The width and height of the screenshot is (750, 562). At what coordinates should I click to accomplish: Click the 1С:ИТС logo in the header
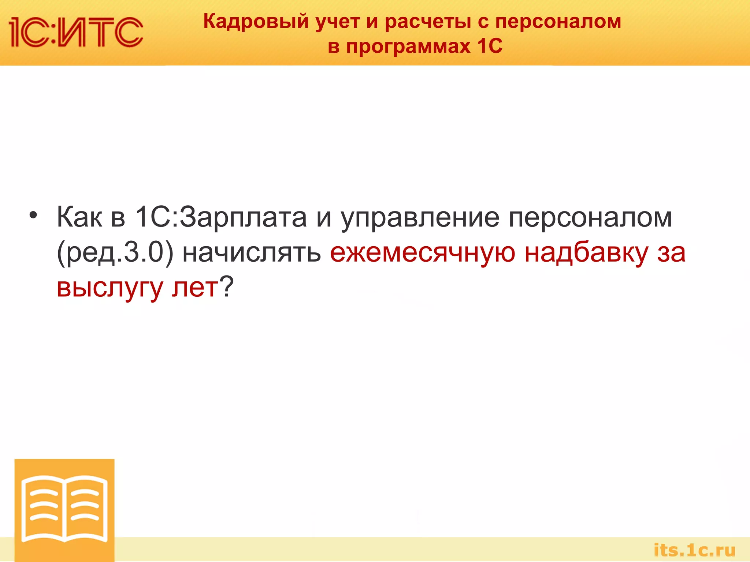(x=76, y=32)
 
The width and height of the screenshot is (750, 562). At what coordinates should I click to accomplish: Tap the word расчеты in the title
(x=428, y=21)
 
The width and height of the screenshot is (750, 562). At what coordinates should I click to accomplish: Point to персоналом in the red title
(x=558, y=21)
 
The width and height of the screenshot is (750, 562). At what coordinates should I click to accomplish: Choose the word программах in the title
(x=408, y=46)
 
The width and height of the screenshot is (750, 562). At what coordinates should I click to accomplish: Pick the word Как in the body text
(x=79, y=217)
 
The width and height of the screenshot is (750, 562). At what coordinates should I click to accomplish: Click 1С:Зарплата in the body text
(x=221, y=217)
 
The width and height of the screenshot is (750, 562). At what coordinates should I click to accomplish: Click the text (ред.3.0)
(x=115, y=253)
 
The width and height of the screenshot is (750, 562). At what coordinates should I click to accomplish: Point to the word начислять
(x=252, y=253)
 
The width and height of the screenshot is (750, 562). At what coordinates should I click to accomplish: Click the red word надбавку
(x=586, y=253)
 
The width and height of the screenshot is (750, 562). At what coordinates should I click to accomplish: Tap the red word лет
(x=195, y=288)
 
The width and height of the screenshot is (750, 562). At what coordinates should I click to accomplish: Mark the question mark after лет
(x=226, y=287)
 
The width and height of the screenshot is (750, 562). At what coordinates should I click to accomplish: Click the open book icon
(x=64, y=509)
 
